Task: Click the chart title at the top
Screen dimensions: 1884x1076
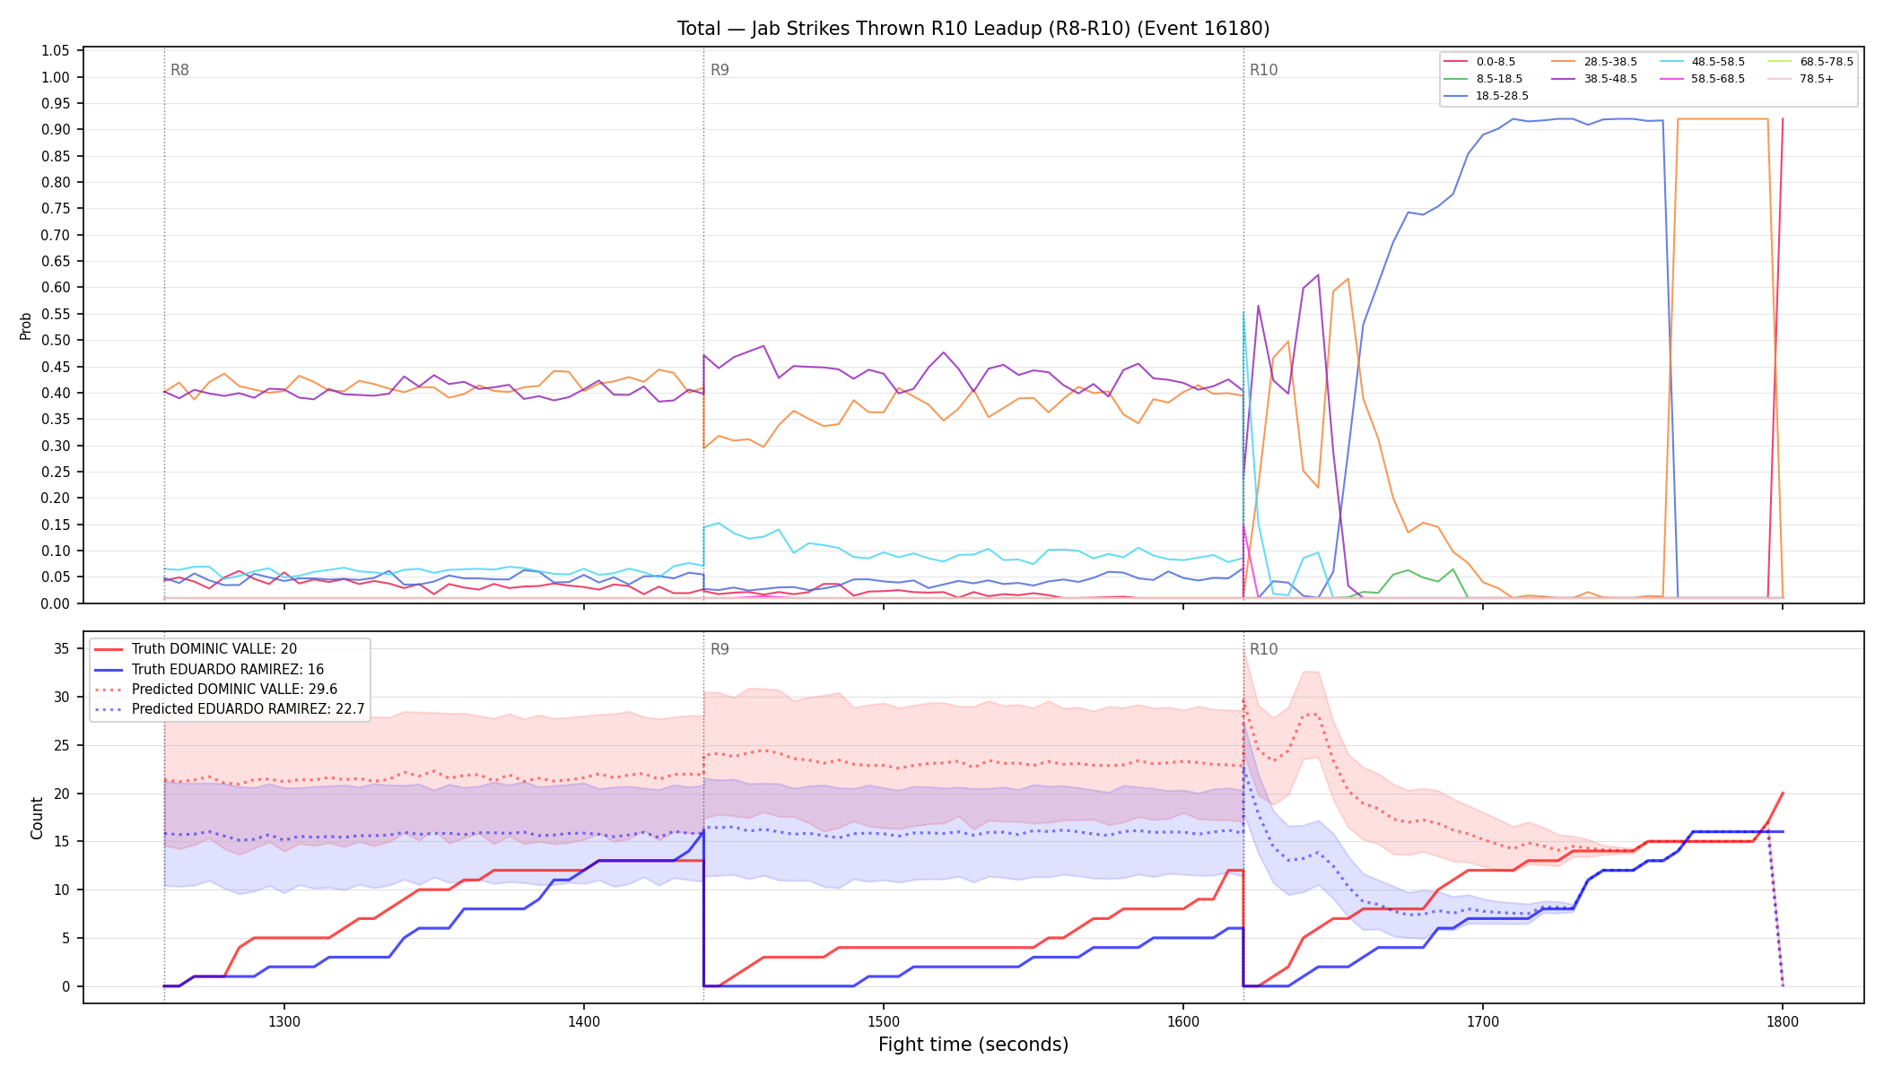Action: coord(973,29)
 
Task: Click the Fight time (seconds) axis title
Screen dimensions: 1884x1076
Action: coord(973,1045)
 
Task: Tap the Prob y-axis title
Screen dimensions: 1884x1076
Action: coord(26,325)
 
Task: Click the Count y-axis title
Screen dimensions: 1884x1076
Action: coord(37,818)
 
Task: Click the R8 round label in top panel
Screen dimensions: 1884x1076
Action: coord(179,70)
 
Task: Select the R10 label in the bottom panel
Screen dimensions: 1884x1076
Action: coord(1263,649)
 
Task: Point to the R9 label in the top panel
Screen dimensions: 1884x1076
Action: coord(720,70)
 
